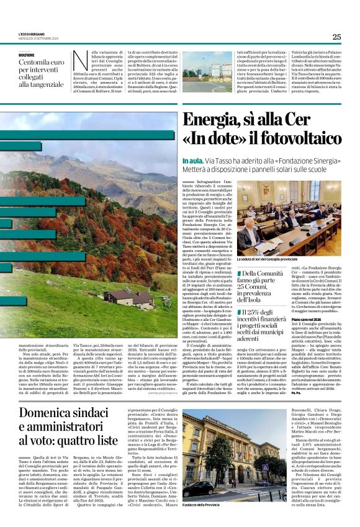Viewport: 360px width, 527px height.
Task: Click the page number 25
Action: click(336, 37)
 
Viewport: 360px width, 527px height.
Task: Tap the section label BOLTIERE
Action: click(27, 55)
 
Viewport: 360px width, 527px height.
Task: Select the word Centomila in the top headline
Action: click(36, 63)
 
